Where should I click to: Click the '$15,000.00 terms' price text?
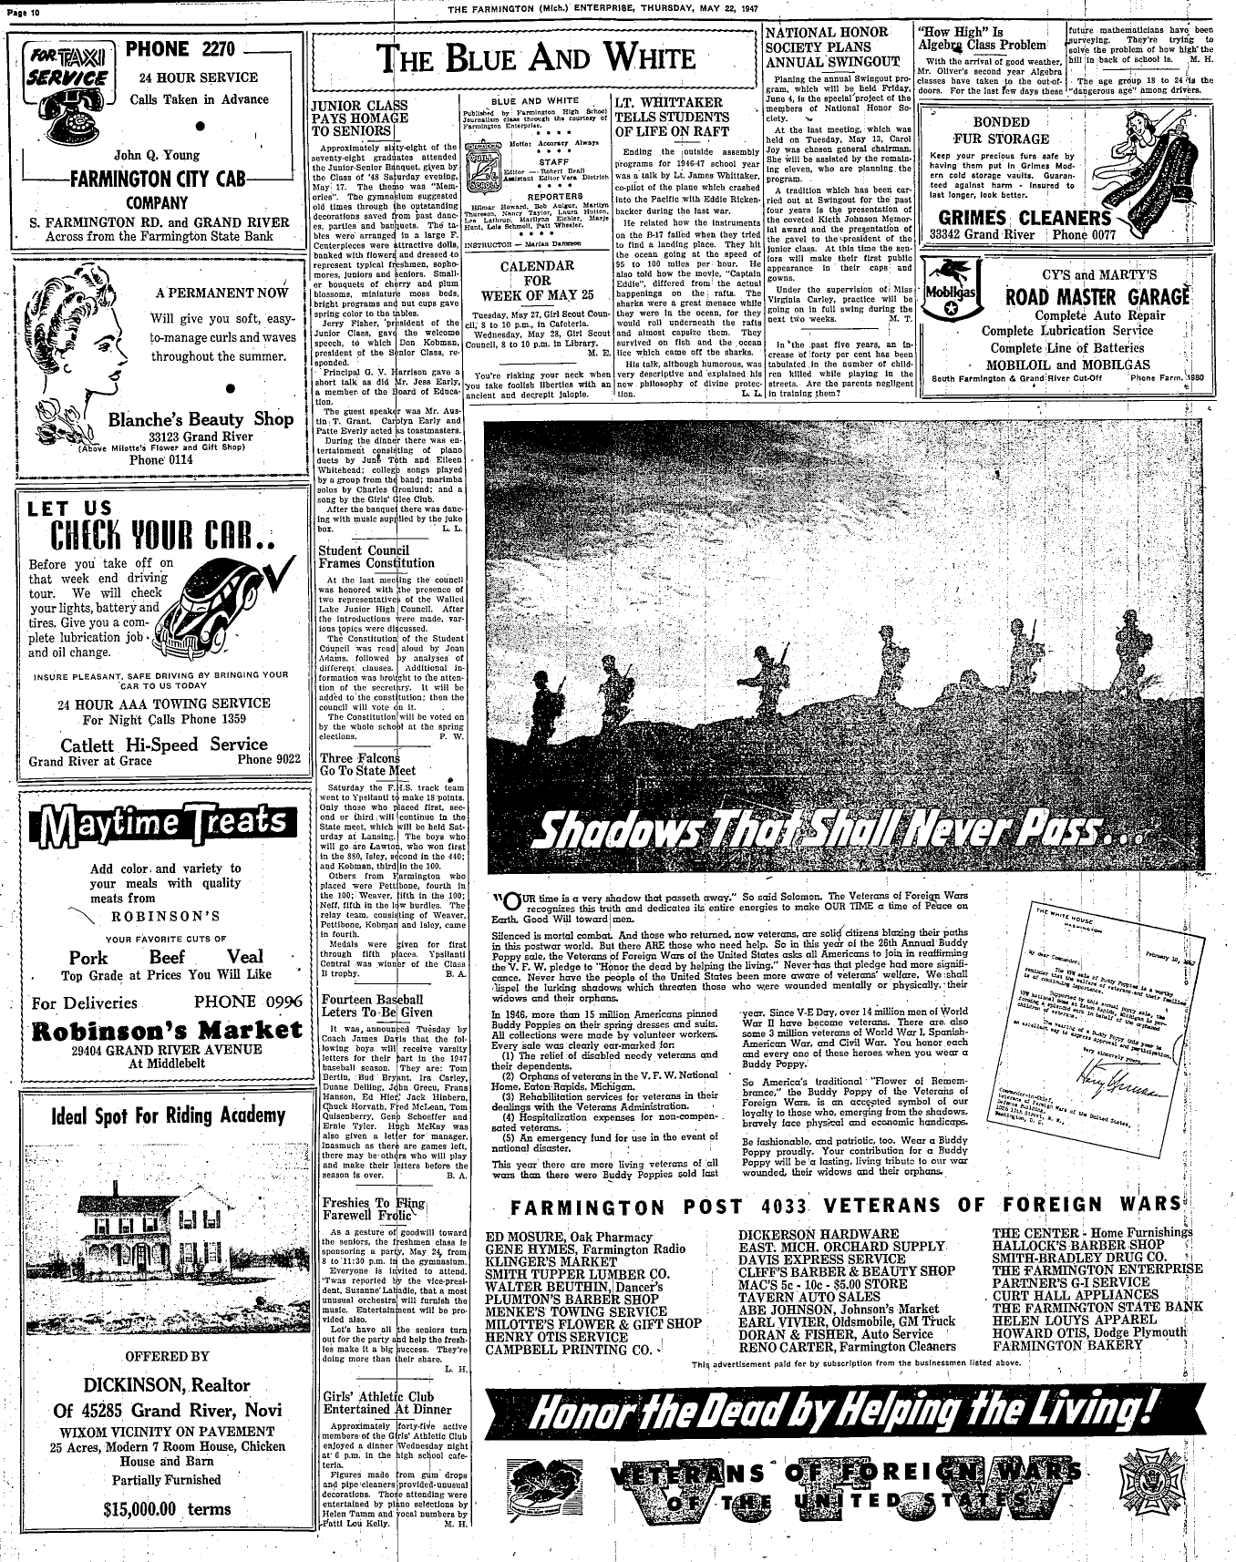click(x=168, y=1509)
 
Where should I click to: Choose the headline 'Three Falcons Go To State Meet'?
click(x=365, y=765)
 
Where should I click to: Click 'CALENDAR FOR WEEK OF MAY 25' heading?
click(x=537, y=280)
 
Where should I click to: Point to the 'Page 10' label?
click(x=19, y=10)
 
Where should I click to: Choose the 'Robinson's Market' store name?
click(x=166, y=1031)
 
